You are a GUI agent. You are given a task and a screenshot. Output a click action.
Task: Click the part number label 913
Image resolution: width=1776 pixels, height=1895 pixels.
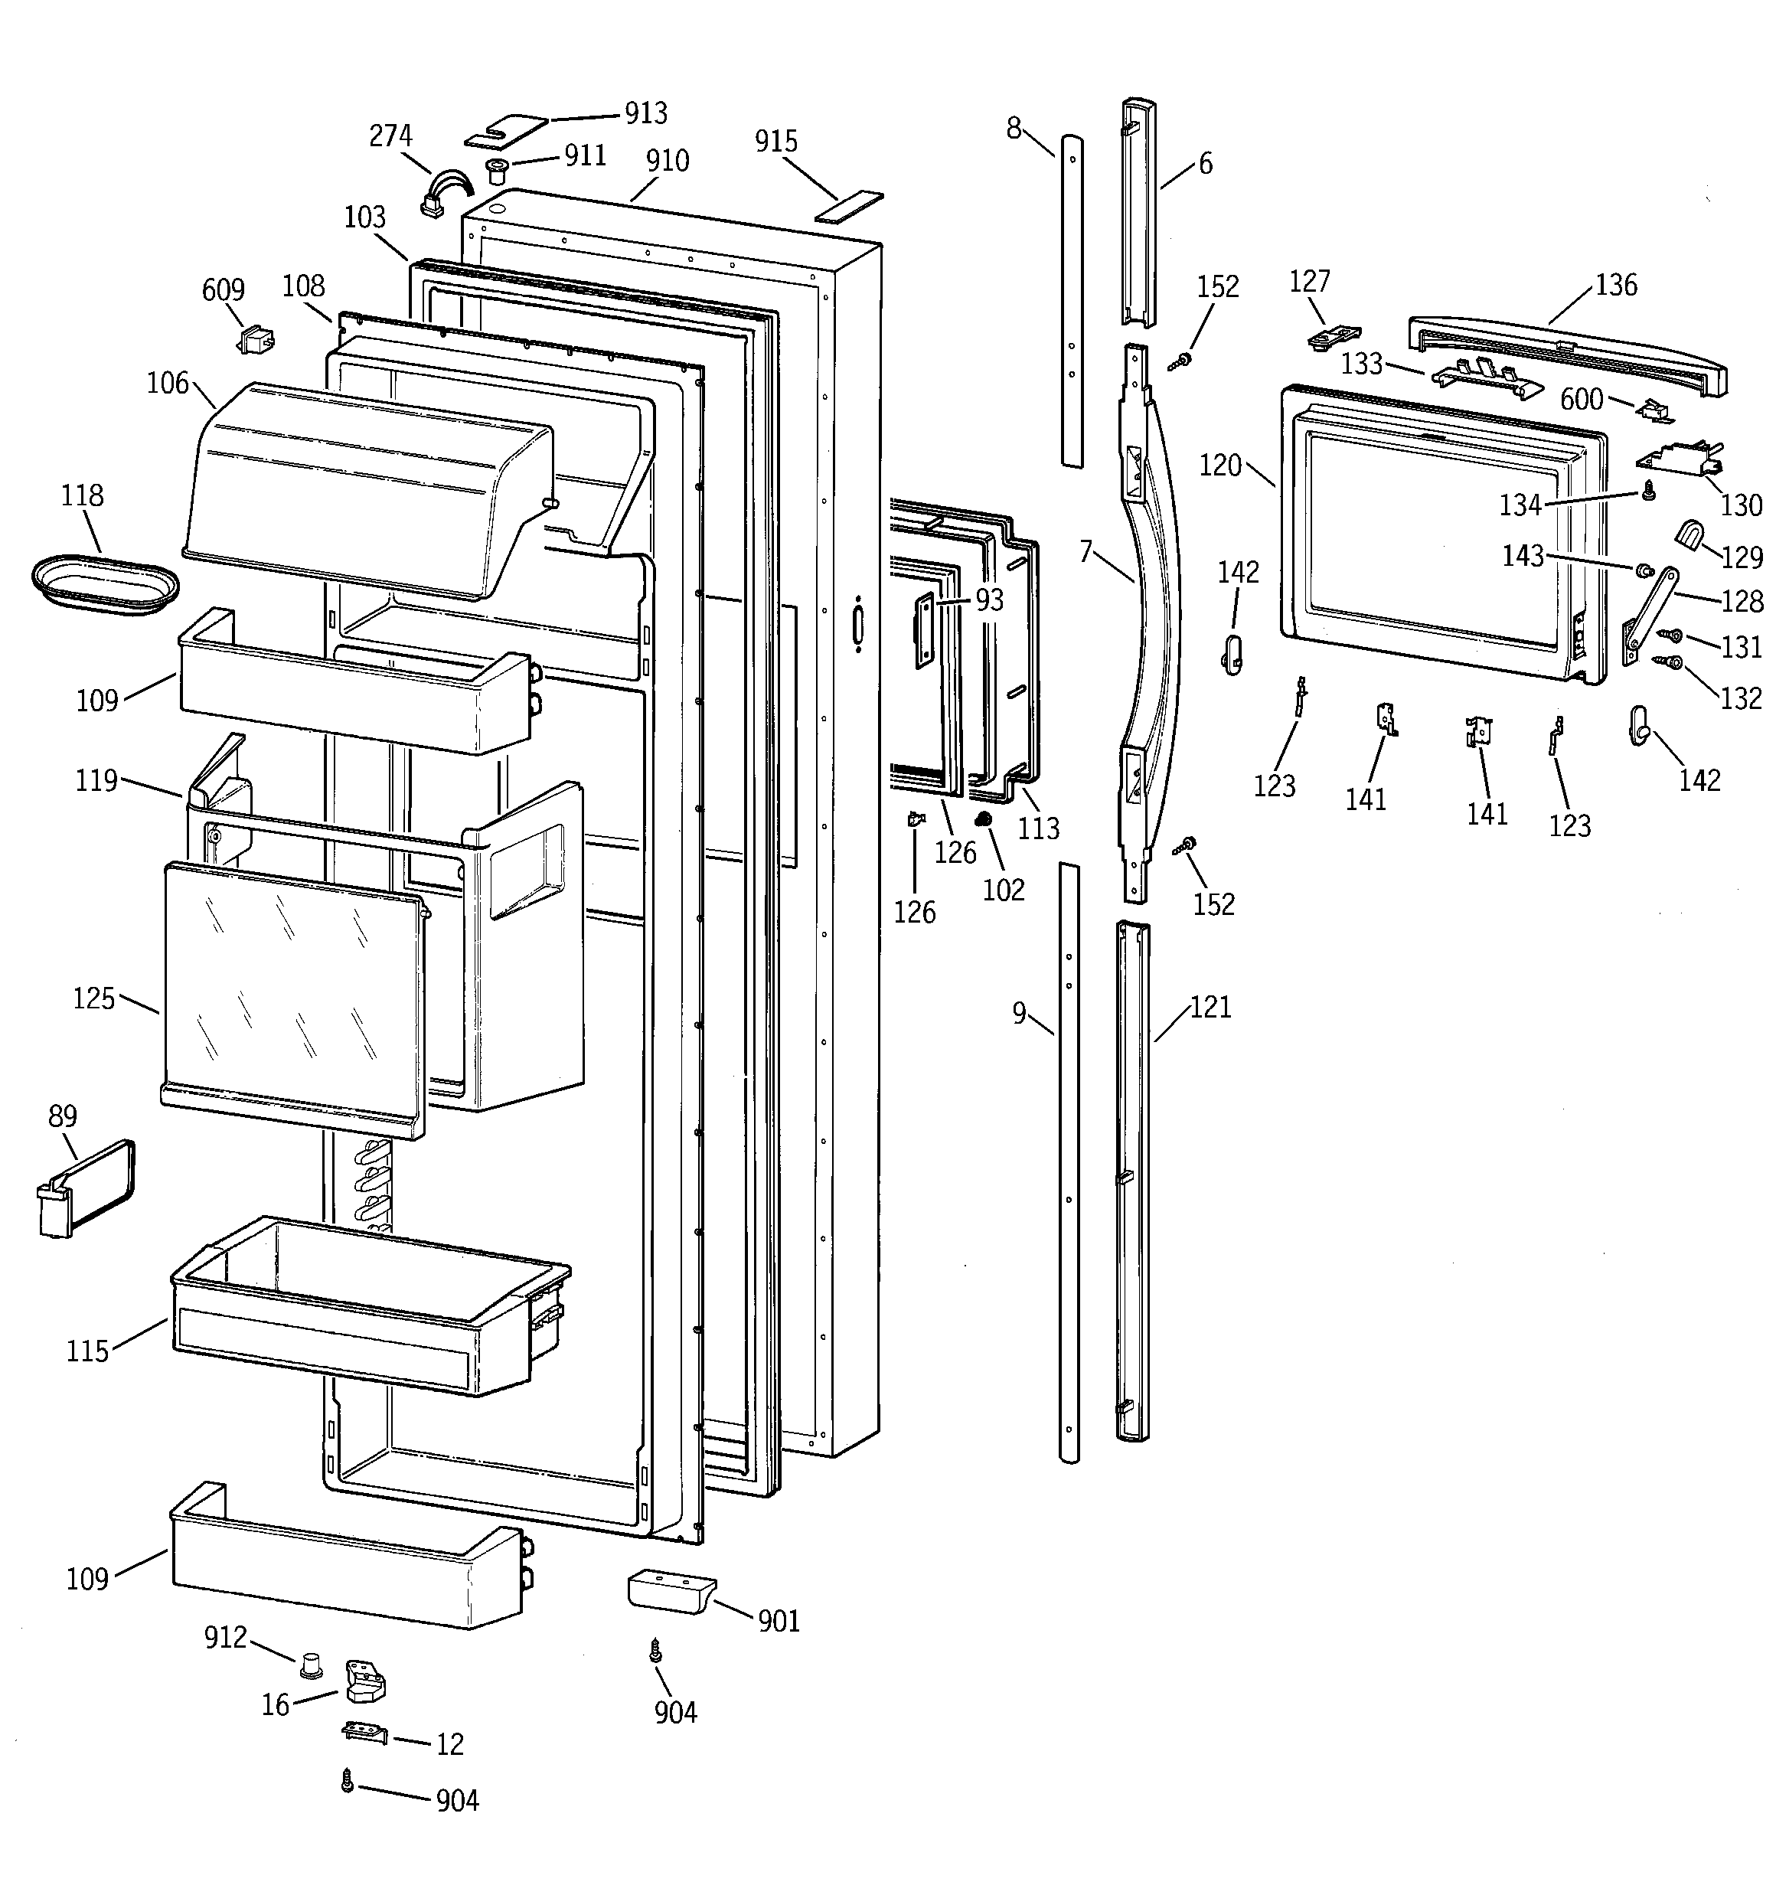[x=645, y=113]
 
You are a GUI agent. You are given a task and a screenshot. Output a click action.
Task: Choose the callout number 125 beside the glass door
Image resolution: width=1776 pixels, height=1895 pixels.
[x=93, y=999]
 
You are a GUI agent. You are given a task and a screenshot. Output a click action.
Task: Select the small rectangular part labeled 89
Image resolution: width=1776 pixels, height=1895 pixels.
[x=86, y=1191]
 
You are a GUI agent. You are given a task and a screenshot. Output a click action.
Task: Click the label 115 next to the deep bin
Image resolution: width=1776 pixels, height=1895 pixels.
[x=87, y=1351]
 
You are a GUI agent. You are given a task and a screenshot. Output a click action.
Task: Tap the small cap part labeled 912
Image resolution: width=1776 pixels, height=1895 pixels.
[x=309, y=1665]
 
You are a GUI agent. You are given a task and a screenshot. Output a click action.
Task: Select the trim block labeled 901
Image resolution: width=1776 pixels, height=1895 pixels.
[x=670, y=1592]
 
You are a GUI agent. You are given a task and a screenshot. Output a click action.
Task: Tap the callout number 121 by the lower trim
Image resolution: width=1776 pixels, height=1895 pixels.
[x=1211, y=1008]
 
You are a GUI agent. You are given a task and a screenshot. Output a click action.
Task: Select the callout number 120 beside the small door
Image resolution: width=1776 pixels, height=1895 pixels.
[x=1220, y=466]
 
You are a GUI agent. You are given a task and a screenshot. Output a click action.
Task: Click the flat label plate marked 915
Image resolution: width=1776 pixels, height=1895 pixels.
[x=848, y=207]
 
